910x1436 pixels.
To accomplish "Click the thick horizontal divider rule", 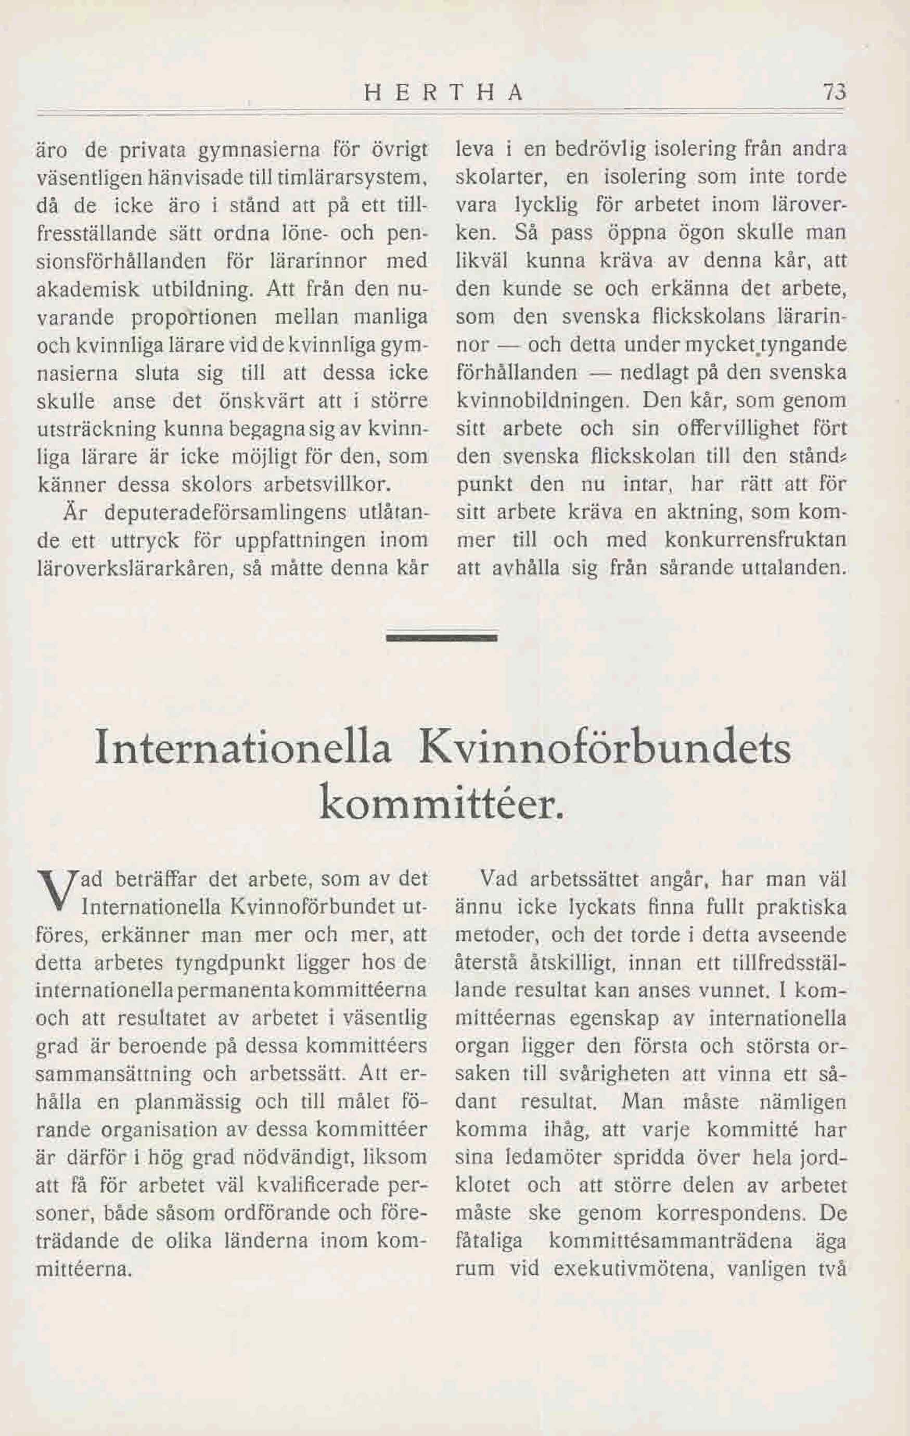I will pyautogui.click(x=441, y=638).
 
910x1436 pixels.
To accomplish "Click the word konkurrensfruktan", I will pyautogui.click(x=755, y=540).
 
